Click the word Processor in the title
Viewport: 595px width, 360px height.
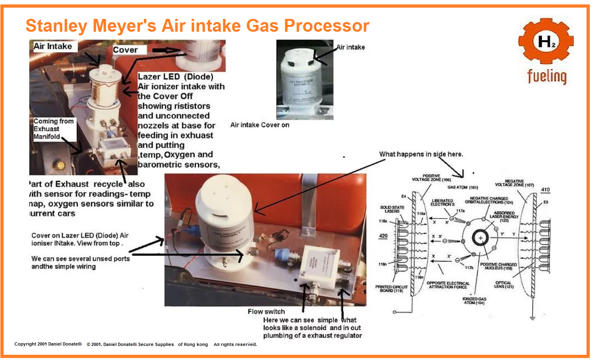(x=326, y=26)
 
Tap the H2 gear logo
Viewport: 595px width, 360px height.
(x=546, y=41)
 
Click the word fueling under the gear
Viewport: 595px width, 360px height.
(x=547, y=76)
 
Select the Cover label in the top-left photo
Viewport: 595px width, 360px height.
(x=125, y=50)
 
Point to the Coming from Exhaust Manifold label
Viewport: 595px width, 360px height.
(x=53, y=129)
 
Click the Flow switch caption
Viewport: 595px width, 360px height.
(x=266, y=311)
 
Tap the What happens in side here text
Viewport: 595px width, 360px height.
(x=421, y=154)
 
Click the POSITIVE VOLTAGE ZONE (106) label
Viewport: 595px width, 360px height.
(x=431, y=178)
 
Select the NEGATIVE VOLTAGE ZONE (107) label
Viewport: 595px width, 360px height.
(x=514, y=183)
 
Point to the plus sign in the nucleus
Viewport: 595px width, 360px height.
(x=480, y=238)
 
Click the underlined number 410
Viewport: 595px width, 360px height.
(x=545, y=190)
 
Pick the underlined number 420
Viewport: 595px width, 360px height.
(x=383, y=236)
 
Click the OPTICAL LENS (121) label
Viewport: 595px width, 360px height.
(x=504, y=284)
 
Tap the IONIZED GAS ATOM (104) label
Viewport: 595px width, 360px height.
(x=474, y=301)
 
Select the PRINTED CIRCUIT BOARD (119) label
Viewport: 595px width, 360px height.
(x=391, y=288)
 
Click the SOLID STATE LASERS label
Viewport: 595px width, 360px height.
(x=392, y=209)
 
